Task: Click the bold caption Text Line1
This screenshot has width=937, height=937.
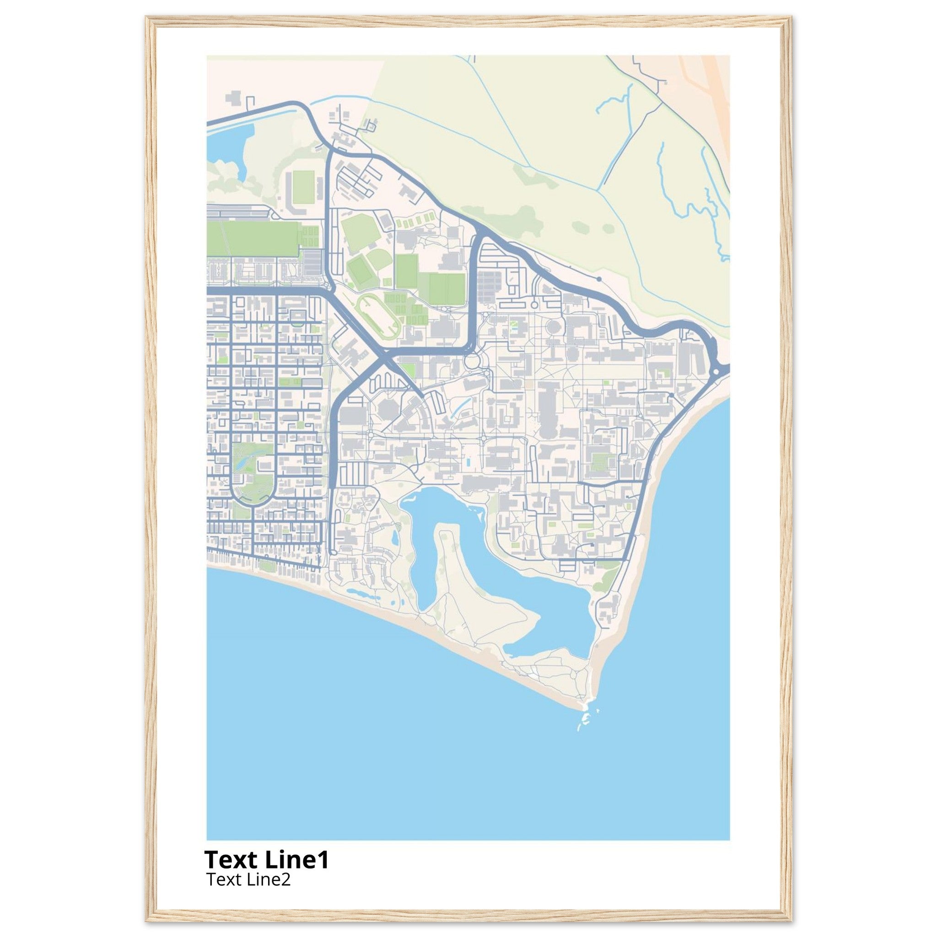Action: (266, 859)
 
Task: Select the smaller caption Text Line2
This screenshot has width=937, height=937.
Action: (248, 879)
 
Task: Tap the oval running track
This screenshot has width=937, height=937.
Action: (378, 313)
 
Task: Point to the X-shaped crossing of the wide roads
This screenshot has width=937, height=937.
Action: (386, 358)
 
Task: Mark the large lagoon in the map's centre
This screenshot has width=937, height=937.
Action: (427, 524)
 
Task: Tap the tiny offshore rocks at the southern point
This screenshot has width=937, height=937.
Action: (584, 730)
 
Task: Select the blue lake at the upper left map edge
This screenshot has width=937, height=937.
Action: (226, 140)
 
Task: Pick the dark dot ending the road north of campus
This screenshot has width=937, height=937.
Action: (599, 279)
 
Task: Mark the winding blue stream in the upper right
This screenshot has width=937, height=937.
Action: (689, 194)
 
